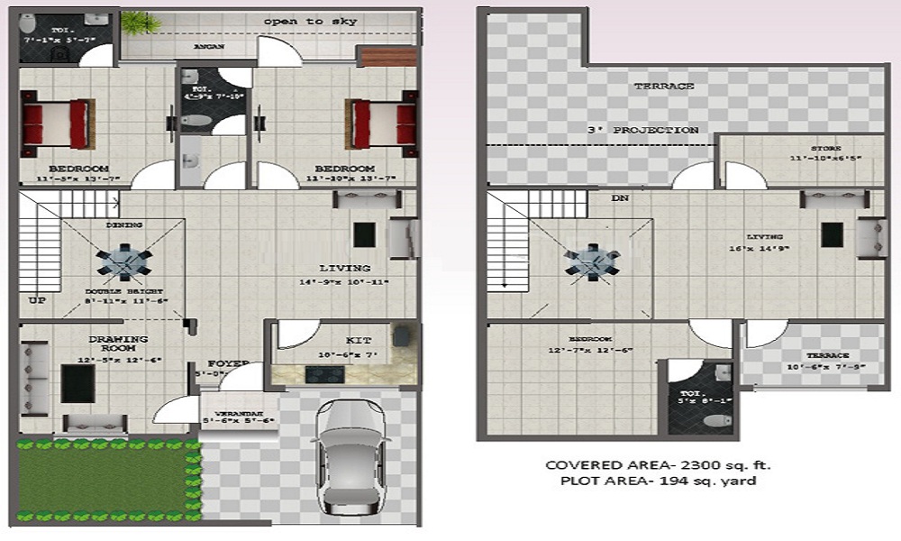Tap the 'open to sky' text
[297, 21]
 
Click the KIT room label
[359, 341]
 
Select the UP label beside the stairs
[37, 300]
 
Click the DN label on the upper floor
[620, 197]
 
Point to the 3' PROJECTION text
[642, 131]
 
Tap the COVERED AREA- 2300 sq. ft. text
[658, 465]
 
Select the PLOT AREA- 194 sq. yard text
[659, 481]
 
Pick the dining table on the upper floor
[592, 261]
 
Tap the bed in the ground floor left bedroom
[55, 124]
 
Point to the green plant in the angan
[135, 23]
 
